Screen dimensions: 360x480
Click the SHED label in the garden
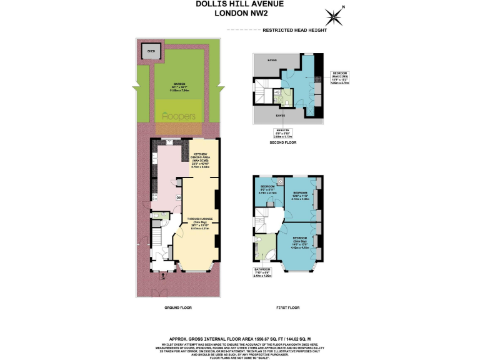click(150, 50)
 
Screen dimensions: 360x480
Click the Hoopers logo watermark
click(179, 116)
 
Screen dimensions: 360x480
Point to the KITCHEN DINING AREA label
click(201, 160)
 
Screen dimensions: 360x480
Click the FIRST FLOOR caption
click(288, 308)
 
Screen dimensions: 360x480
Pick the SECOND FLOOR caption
click(283, 142)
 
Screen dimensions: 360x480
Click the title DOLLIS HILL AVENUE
click(240, 4)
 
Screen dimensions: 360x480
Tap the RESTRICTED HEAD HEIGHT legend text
click(294, 30)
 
